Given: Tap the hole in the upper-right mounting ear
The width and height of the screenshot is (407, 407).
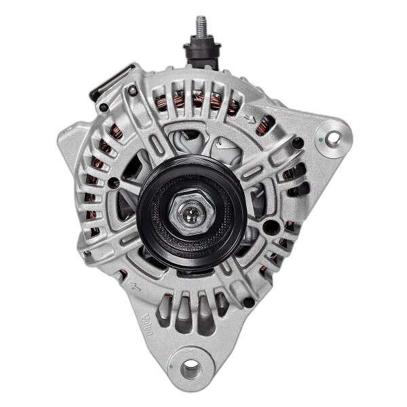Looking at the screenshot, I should pos(332,138).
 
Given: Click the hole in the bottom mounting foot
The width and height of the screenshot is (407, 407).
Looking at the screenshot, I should pos(190,368).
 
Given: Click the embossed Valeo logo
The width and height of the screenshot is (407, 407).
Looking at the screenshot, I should pos(147,322).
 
